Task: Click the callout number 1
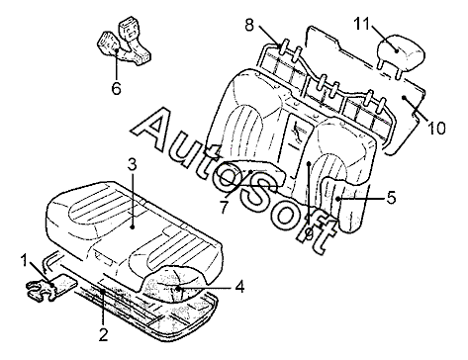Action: coord(24,261)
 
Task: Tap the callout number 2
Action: coord(103,335)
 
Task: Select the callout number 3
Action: coord(132,164)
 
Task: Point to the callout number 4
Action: coord(239,287)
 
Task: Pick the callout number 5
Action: coord(391,198)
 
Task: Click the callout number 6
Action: coord(117,88)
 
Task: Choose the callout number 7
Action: coord(224,207)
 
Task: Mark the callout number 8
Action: coord(249,25)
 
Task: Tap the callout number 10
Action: coord(436,128)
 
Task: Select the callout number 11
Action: coord(362,24)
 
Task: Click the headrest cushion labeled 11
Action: coord(400,53)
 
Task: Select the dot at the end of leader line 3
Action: coord(133,227)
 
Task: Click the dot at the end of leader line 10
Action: coord(404,97)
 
